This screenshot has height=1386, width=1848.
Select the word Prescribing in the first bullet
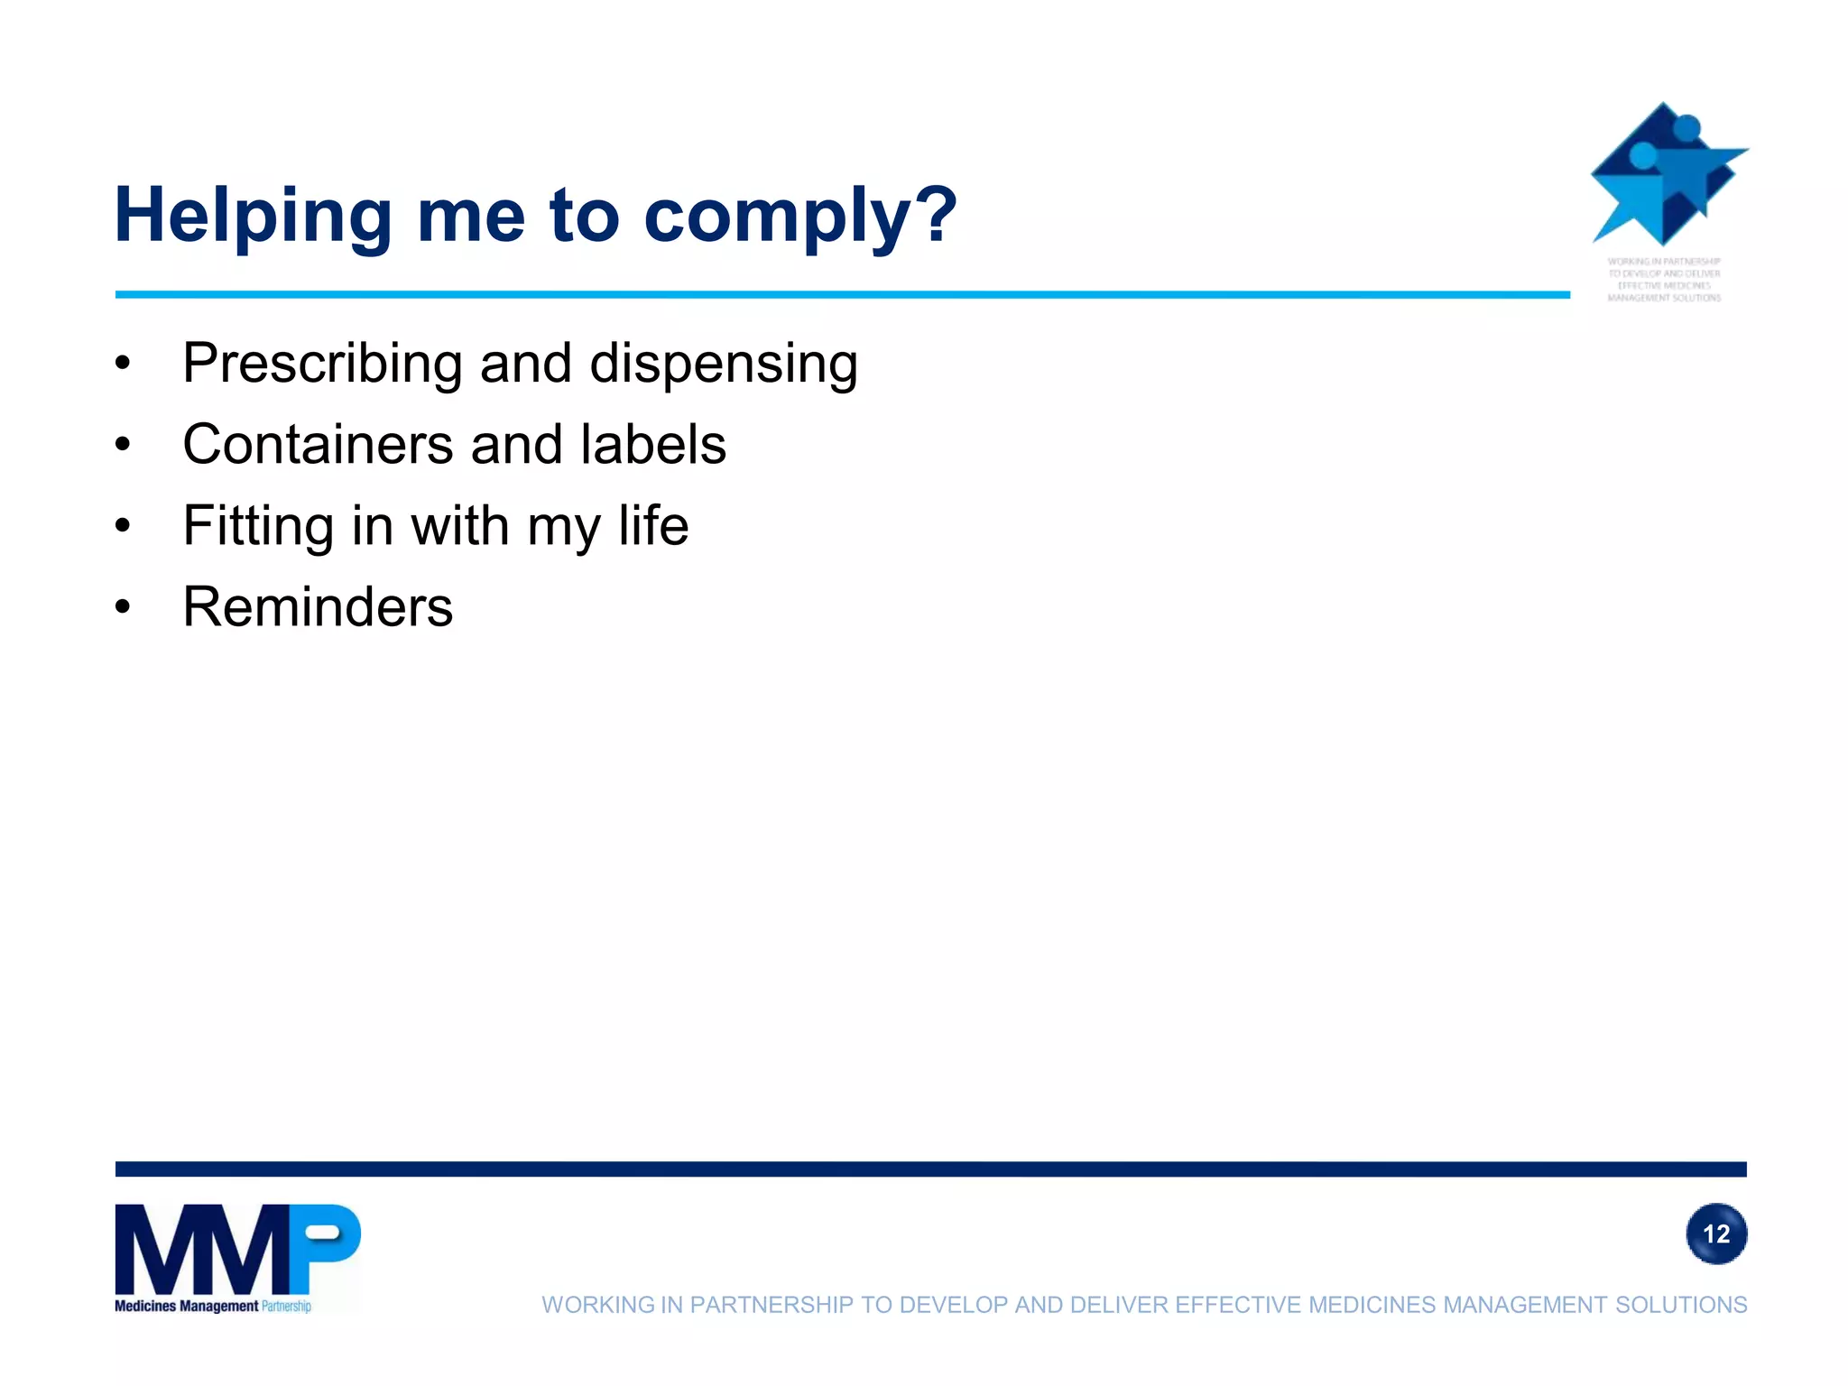324,364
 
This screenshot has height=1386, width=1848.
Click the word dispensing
723,364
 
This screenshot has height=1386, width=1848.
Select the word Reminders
318,606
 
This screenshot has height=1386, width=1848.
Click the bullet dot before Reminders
124,607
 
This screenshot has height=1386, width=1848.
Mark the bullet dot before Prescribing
124,364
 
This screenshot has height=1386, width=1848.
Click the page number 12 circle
1715,1234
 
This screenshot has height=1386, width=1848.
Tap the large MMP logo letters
237,1249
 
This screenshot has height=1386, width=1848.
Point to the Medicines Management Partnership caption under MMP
213,1306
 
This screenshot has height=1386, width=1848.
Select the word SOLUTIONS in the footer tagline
1680,1305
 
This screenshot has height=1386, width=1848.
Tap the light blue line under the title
842,294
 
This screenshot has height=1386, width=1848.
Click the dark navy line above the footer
930,1169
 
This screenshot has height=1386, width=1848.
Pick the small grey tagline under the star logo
1664,280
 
